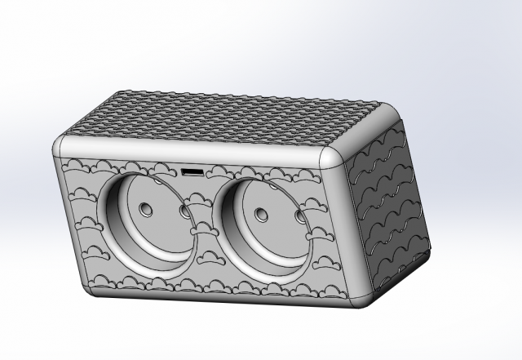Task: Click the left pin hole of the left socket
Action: (x=146, y=210)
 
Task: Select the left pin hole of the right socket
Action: (x=261, y=215)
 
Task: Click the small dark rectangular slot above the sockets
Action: (x=192, y=172)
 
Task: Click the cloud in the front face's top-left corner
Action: (x=77, y=167)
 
